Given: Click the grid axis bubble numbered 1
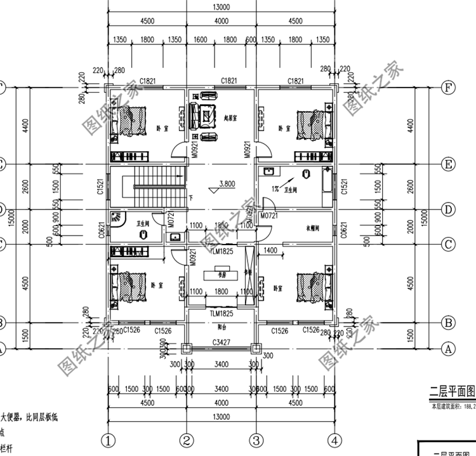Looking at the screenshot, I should coord(109,440).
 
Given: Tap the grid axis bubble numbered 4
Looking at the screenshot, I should coord(334,440).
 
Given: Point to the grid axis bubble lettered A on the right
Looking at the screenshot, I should coord(449,348).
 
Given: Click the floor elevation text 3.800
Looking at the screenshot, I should coord(227,184).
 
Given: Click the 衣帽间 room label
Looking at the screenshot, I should coord(312,227).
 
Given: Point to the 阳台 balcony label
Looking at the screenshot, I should coord(221,328).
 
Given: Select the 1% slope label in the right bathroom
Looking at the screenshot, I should coord(275,188).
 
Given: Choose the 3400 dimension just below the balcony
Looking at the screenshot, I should coord(221,365).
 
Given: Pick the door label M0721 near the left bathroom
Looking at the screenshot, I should coord(171,219).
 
